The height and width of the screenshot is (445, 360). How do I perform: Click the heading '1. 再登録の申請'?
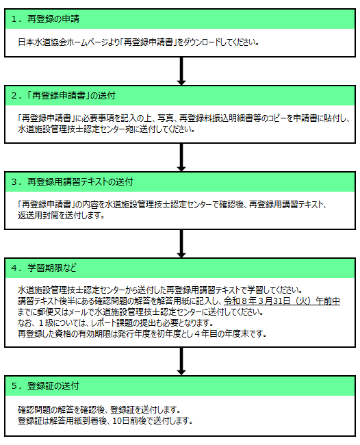(45, 19)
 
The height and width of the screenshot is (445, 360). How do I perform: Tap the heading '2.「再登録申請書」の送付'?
(64, 96)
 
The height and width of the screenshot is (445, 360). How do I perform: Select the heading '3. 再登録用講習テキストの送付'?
(72, 182)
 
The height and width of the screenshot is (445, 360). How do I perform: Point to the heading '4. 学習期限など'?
(44, 268)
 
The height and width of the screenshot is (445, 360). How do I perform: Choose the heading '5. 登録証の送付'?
(45, 386)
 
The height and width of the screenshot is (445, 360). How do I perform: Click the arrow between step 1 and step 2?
(181, 71)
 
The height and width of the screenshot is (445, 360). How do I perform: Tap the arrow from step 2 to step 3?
(181, 157)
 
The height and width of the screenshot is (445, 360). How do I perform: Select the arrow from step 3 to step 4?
(181, 244)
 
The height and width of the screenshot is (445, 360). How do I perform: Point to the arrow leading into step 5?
(181, 361)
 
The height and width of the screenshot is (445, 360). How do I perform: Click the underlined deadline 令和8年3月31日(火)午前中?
(282, 301)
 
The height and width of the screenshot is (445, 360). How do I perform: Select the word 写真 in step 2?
(166, 118)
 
